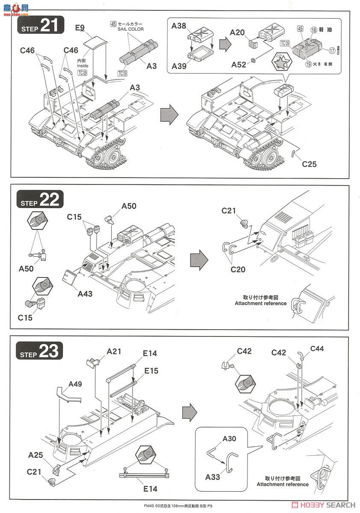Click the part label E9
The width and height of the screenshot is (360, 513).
pos(80,28)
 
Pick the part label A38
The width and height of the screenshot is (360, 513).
pos(179,26)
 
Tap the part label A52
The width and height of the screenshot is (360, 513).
pos(239,64)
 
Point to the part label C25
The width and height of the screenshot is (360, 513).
pos(309,164)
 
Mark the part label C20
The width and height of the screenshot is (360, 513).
pos(238,269)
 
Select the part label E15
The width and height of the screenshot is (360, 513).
pos(150,371)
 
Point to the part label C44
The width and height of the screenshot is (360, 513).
pos(317,348)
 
